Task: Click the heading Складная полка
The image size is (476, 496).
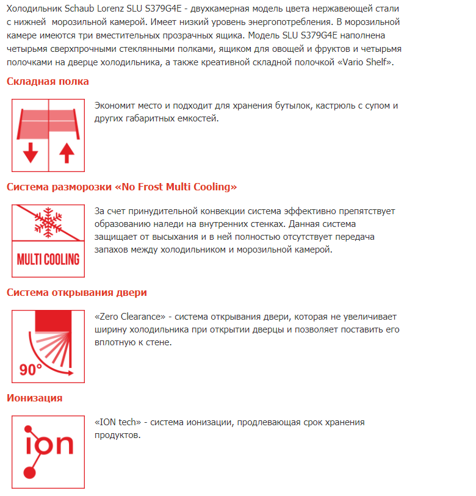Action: (48, 81)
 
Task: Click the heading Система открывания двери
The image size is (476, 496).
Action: (76, 292)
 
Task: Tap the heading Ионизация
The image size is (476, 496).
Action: (34, 398)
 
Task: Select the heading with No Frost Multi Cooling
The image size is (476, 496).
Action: (121, 187)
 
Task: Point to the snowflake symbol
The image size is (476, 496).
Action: (48, 220)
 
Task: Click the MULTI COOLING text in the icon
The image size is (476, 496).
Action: (48, 259)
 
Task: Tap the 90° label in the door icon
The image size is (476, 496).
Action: (30, 368)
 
